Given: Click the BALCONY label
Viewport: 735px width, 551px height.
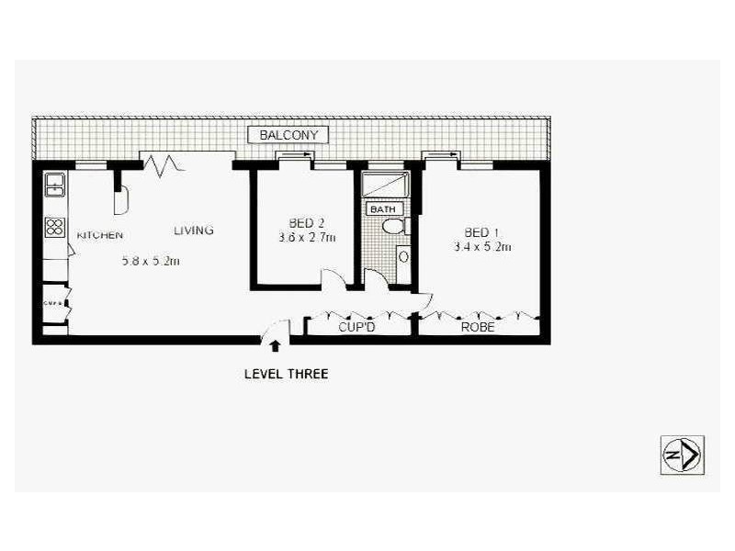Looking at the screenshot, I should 288,135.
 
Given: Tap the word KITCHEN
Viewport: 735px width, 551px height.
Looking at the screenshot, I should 99,235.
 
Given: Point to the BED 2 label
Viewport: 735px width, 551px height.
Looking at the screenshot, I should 307,223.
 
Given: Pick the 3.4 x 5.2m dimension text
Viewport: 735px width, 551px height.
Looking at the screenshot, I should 482,246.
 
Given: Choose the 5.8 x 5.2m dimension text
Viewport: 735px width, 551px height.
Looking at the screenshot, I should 151,261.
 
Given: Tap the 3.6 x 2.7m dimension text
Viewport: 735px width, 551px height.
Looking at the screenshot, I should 307,238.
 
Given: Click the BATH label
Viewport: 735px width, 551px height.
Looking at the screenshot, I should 379,208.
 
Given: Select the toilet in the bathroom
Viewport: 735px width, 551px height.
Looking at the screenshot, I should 391,227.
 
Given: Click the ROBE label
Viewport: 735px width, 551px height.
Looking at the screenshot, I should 478,326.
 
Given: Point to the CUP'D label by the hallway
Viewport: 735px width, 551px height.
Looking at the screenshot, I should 357,326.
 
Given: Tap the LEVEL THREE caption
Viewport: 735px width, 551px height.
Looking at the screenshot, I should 285,374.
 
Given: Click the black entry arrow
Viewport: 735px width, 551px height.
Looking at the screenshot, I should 274,343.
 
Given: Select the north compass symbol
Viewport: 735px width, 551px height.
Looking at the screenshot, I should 682,454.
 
